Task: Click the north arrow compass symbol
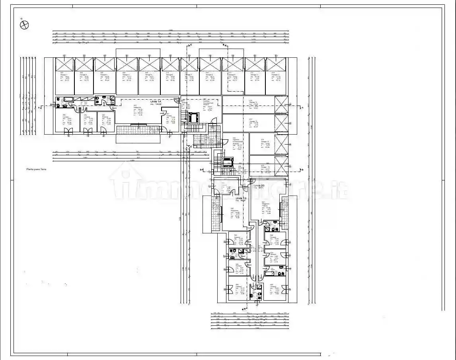click(x=25, y=24)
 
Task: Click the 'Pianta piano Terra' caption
click(x=37, y=169)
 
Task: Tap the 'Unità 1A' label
click(x=156, y=103)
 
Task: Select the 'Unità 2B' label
click(x=259, y=186)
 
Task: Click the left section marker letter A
click(x=40, y=108)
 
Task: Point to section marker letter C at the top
click(x=191, y=45)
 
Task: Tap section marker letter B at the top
click(x=224, y=45)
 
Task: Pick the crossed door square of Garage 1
click(x=64, y=64)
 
